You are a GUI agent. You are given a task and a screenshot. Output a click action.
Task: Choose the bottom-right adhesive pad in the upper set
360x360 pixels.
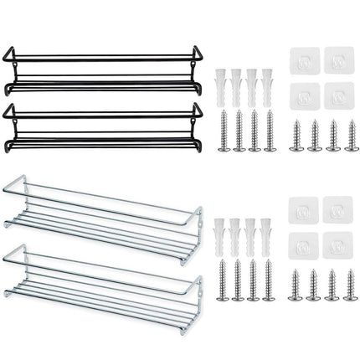(x=338, y=95)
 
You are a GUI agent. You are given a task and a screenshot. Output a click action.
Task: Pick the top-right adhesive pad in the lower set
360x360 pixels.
(x=338, y=209)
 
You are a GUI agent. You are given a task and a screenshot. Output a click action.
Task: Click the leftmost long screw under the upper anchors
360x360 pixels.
(x=224, y=131)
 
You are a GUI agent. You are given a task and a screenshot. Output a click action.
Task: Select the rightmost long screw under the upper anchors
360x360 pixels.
(x=269, y=131)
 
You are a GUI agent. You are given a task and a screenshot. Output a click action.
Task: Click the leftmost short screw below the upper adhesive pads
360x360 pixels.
(x=296, y=136)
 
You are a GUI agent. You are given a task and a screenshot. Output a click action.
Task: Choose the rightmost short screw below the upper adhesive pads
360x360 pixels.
(x=352, y=136)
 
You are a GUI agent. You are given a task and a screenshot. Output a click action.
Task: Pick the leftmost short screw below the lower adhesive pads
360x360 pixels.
(x=296, y=285)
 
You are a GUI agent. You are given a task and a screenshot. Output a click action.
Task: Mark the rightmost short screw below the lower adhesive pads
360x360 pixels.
(x=352, y=285)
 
